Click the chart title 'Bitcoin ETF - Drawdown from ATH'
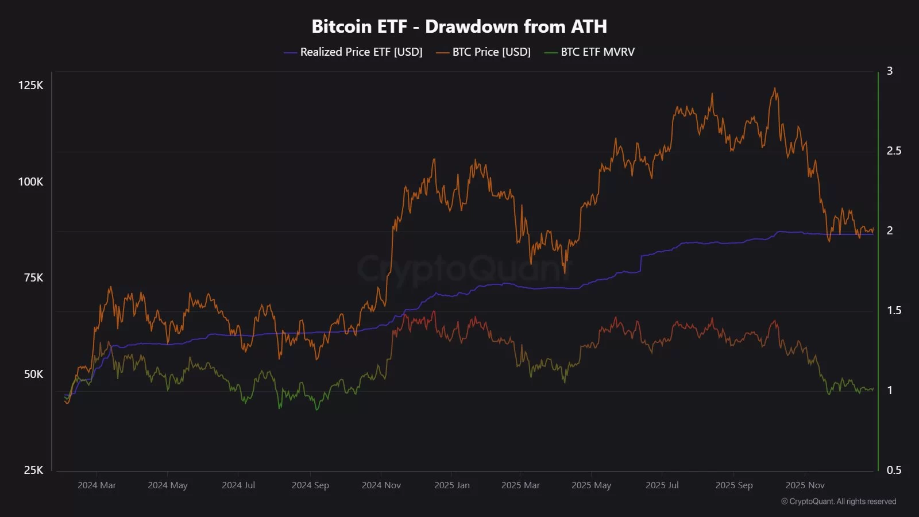pyautogui.click(x=459, y=26)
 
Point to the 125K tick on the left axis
pyautogui.click(x=31, y=86)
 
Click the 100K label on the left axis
pyautogui.click(x=31, y=182)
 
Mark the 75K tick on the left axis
pyautogui.click(x=33, y=278)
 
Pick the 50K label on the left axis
pyautogui.click(x=33, y=375)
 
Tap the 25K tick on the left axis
pyautogui.click(x=33, y=470)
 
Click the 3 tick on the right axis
pyautogui.click(x=890, y=71)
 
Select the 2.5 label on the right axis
pyautogui.click(x=894, y=151)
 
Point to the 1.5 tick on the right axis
pyautogui.click(x=894, y=311)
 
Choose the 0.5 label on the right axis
pyautogui.click(x=894, y=470)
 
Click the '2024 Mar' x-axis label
pyautogui.click(x=96, y=485)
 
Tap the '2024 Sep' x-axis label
pyautogui.click(x=310, y=485)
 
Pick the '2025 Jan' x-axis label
pyautogui.click(x=452, y=485)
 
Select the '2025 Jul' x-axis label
pyautogui.click(x=662, y=485)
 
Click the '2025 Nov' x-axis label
pyautogui.click(x=805, y=485)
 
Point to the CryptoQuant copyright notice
pyautogui.click(x=839, y=501)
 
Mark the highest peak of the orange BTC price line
pyautogui.click(x=775, y=88)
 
